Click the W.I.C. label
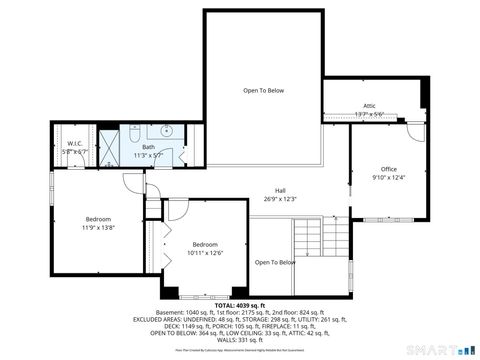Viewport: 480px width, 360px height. tap(75, 143)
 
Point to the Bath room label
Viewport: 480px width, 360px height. tap(148, 147)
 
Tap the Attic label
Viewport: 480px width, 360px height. tap(369, 106)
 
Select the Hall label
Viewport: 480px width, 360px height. tap(281, 191)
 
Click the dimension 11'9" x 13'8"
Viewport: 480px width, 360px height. tap(98, 228)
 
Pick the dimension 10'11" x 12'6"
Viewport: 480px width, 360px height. tap(205, 253)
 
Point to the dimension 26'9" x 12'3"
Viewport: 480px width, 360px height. tap(281, 199)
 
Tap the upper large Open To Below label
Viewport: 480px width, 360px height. tap(263, 91)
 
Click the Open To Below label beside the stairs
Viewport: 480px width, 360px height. tap(274, 263)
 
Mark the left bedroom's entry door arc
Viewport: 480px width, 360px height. tap(133, 183)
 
